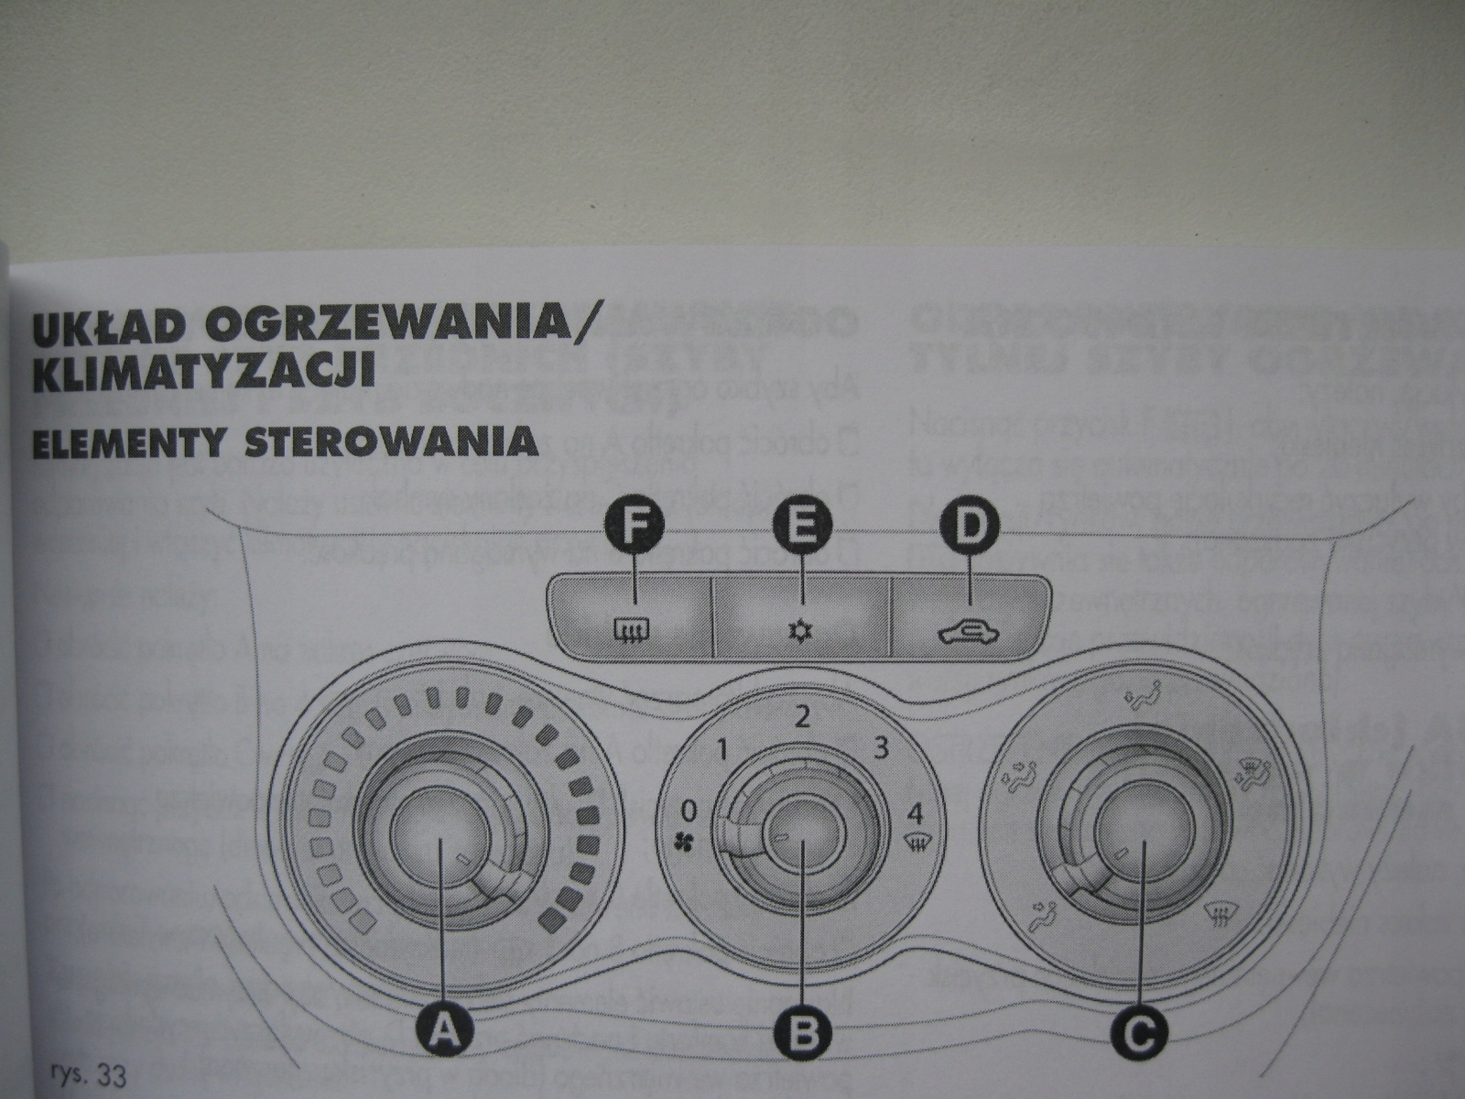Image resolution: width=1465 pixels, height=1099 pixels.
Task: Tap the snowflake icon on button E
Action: (x=801, y=631)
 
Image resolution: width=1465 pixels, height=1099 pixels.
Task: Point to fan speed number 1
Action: (x=722, y=752)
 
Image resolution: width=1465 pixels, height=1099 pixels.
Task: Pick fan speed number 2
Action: (x=802, y=716)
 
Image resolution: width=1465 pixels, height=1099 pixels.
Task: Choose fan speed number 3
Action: (x=881, y=749)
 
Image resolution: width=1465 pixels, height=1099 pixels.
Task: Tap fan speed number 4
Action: (x=914, y=811)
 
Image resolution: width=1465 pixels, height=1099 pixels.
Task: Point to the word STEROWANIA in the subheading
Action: (x=395, y=441)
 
